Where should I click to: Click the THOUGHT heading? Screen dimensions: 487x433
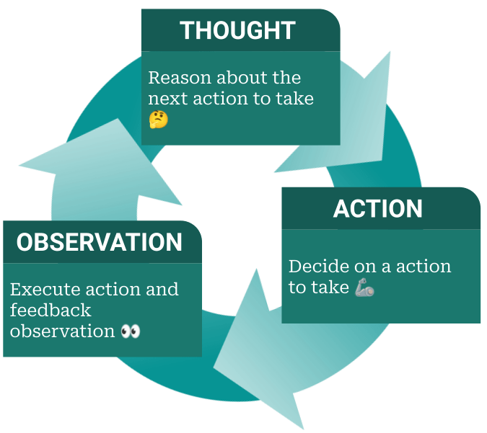pyautogui.click(x=237, y=30)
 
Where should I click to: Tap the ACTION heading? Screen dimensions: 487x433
pyautogui.click(x=378, y=209)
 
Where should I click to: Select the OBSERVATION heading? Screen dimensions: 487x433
pyautogui.click(x=100, y=243)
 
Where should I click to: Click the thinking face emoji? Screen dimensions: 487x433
pyautogui.click(x=159, y=119)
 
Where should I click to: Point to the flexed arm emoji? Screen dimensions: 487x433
pyautogui.click(x=364, y=288)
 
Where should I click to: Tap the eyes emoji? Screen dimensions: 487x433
pyautogui.click(x=131, y=331)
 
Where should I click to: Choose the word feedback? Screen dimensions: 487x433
pyautogui.click(x=51, y=311)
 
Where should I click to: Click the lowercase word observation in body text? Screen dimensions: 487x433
pyautogui.click(x=63, y=331)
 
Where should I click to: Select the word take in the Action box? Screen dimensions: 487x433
pyautogui.click(x=330, y=288)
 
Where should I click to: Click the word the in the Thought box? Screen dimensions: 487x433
pyautogui.click(x=286, y=78)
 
